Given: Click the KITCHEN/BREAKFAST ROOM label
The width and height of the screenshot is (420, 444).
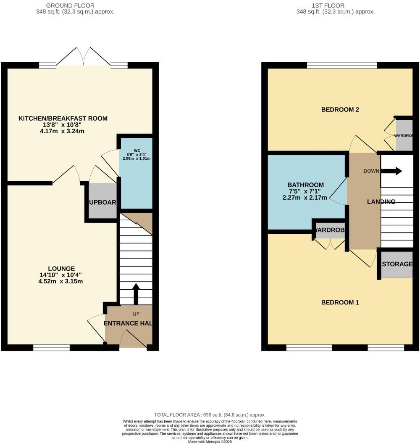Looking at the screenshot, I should tap(63, 119).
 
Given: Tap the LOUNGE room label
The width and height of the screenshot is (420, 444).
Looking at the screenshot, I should tap(61, 269).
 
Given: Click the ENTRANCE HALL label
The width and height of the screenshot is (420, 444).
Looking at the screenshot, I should tap(128, 323).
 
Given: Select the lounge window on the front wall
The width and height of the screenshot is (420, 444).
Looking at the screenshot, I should tap(52, 347).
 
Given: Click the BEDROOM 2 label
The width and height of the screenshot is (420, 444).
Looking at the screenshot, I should tap(340, 110).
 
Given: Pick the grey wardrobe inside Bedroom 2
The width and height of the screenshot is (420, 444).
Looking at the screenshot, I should tap(404, 135).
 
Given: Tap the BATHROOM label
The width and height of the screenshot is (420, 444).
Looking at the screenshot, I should tap(306, 185).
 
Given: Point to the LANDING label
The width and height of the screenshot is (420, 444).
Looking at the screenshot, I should tap(381, 202).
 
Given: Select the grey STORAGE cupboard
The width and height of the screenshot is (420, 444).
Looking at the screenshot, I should tap(397, 264).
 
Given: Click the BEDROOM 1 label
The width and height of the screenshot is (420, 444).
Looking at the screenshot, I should tap(340, 302).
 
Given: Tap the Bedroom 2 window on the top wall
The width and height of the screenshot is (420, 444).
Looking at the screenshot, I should tap(342, 65).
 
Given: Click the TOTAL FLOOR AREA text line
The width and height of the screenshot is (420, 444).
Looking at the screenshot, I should tap(210, 415).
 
